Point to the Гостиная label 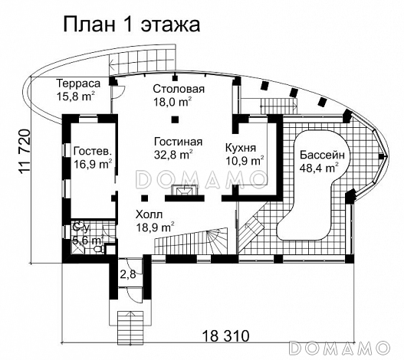tap(177, 141)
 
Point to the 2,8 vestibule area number tap(126, 274)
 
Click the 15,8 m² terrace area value tap(75, 96)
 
